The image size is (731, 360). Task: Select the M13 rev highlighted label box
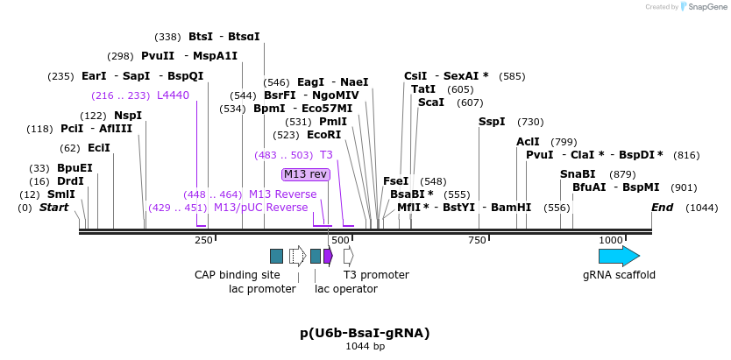point(306,174)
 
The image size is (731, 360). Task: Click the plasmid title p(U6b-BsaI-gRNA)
point(365,333)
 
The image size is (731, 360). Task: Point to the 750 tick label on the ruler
point(477,240)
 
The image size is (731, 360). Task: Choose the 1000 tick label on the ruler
point(611,240)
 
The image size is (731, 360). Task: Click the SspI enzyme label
point(492,122)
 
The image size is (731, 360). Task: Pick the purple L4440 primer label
point(173,95)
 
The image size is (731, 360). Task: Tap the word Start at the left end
point(53,208)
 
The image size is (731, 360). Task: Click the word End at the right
point(663,208)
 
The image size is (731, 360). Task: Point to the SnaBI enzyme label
point(578,174)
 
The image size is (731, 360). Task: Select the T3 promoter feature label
point(376,275)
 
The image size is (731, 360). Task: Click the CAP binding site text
point(237,275)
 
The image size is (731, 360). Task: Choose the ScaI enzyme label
point(430,102)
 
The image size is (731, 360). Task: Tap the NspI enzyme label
point(128,116)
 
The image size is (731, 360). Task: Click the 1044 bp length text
point(365,347)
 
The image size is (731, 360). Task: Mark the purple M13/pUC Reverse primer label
point(260,208)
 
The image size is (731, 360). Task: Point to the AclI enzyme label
point(528,142)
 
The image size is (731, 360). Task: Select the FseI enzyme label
point(395,181)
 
